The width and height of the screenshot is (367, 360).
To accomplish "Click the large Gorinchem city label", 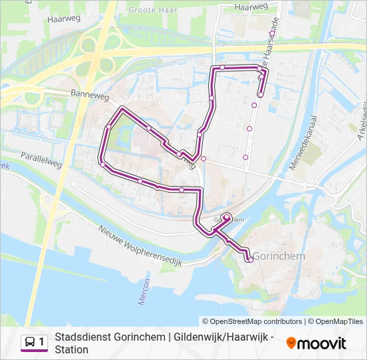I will (280, 257).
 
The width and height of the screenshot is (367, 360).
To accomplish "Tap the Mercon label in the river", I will (142, 292).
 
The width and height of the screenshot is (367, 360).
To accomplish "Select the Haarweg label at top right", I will (251, 7).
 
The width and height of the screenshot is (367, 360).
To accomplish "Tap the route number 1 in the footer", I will (42, 343).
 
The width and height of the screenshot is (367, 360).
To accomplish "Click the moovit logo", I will (316, 343).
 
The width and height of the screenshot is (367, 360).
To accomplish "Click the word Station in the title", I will (71, 349).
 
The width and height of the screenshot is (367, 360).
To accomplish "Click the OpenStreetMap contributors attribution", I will (252, 321).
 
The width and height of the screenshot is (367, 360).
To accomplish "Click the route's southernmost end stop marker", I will (249, 259).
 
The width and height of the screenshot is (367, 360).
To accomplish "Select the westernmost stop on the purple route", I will (101, 164).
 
